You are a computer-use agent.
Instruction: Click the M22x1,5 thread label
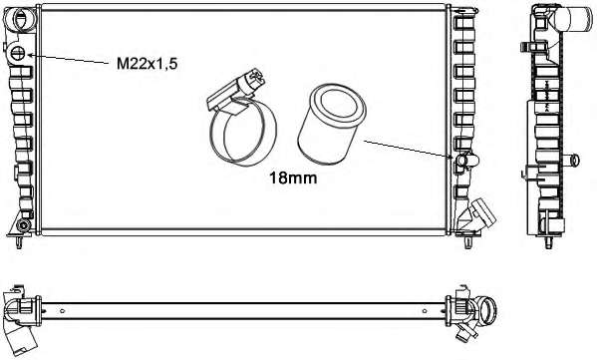(147, 64)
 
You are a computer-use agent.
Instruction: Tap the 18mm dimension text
(293, 178)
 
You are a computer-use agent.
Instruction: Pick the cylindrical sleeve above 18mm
(331, 124)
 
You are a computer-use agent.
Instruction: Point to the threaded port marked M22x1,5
(18, 53)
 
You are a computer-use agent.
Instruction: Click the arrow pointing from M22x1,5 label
(68, 58)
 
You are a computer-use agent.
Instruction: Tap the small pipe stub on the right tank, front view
(466, 160)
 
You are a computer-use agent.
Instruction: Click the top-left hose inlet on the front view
(21, 18)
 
